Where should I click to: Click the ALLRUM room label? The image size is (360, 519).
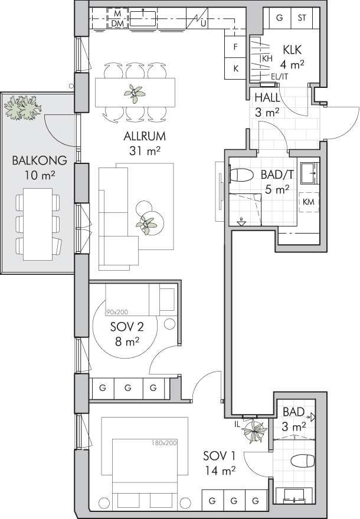[145, 136]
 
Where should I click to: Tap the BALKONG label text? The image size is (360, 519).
[40, 160]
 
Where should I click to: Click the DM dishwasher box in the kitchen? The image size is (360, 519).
[117, 24]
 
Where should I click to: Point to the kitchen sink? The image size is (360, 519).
[143, 18]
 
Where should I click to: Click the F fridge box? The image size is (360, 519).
[235, 47]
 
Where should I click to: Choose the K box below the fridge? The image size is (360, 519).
[235, 68]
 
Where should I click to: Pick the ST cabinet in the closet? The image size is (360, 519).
[302, 18]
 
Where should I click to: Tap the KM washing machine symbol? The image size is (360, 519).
[309, 202]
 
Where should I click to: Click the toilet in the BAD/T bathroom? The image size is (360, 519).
[241, 175]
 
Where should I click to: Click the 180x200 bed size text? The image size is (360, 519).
[164, 442]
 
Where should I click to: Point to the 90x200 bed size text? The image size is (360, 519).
[117, 312]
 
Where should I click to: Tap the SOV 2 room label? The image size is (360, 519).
[127, 327]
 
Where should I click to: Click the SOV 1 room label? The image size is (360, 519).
[219, 456]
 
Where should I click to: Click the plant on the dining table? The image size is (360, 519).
[134, 94]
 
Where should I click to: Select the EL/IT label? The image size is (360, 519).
[280, 77]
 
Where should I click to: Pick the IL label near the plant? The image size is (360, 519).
[237, 423]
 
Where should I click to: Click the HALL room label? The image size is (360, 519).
[267, 98]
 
